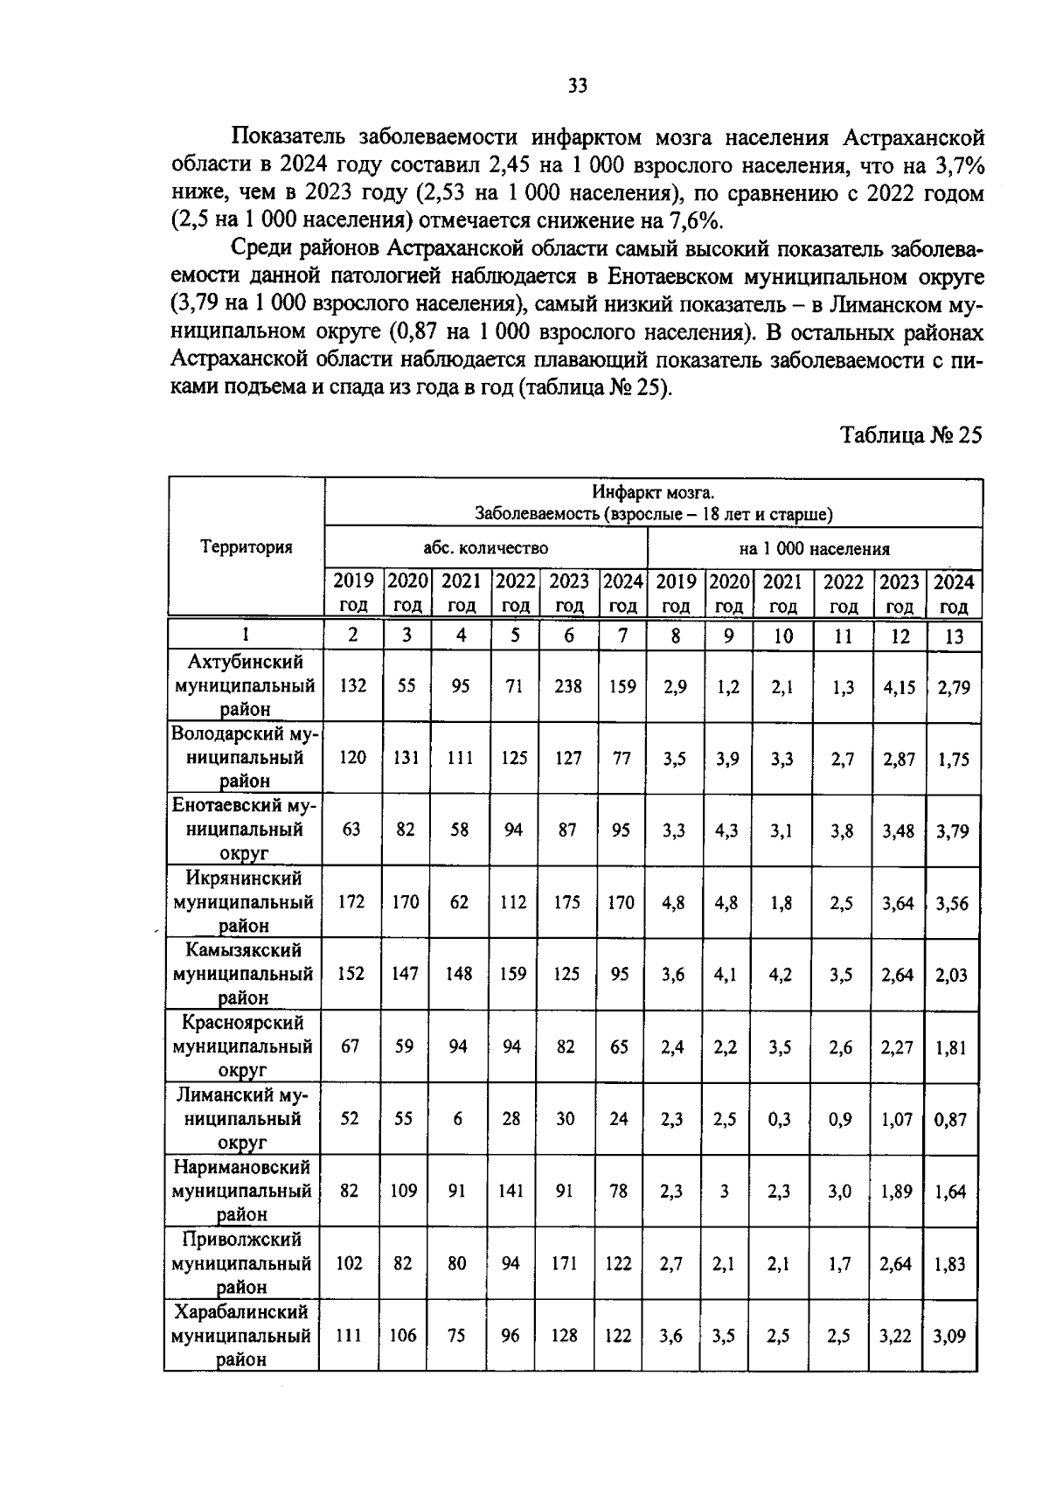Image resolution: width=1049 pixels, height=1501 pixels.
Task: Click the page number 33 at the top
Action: pos(578,85)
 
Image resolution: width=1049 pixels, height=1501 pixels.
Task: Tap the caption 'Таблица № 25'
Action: pos(911,435)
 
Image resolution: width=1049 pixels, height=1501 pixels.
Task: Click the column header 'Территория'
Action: pos(246,547)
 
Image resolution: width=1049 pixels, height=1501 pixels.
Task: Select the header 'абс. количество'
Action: pos(485,548)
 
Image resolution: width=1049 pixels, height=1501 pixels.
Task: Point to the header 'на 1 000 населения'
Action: pos(814,549)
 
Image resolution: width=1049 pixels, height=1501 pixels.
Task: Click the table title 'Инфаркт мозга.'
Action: pos(653,493)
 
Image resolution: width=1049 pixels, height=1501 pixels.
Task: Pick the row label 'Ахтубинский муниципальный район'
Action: pos(245,685)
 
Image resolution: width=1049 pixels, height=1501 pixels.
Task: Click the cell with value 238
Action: pos(568,686)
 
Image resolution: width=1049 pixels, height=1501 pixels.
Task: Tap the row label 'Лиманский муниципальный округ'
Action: pos(242,1118)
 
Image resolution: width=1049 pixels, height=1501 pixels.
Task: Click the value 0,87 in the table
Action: pos(950,1119)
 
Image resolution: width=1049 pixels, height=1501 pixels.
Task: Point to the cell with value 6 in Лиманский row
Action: pos(457,1118)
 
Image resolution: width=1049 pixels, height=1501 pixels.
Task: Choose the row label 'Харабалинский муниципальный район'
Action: pos(242,1336)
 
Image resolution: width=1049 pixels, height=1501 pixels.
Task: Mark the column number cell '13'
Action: pos(954,636)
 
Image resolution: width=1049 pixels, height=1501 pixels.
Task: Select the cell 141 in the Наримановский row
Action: pos(511,1191)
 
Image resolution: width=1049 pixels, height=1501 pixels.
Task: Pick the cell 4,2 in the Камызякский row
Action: pos(780,974)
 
